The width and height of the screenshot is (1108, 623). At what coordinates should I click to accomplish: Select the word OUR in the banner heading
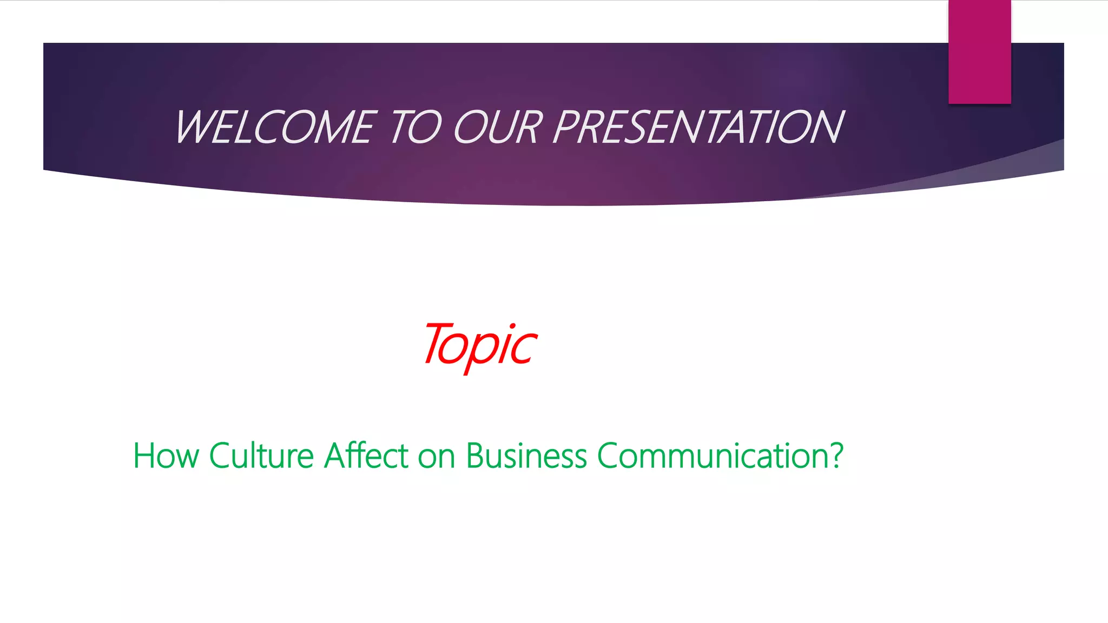click(x=498, y=128)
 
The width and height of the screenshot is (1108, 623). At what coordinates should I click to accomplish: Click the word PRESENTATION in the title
click(x=698, y=128)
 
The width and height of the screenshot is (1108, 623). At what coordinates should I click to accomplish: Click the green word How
click(x=166, y=455)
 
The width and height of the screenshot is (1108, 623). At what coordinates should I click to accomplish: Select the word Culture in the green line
click(x=261, y=455)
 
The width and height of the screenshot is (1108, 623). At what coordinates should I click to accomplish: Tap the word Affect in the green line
click(x=366, y=455)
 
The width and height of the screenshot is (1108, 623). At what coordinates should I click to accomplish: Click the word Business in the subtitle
click(x=526, y=455)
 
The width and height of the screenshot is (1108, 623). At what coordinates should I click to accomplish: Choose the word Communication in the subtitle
click(x=713, y=455)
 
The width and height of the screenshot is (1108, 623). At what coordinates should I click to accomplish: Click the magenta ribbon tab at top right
click(x=979, y=51)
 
